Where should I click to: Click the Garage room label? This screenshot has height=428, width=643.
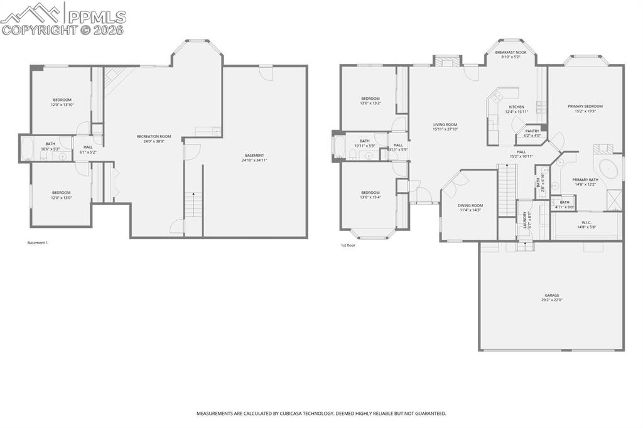coord(551,295)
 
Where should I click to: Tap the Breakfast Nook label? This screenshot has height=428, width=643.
coord(510,52)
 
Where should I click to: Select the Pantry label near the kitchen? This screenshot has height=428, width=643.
coord(532,131)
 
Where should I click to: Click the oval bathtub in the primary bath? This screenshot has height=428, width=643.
coord(608,169)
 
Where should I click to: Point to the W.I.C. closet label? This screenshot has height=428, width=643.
coord(586,222)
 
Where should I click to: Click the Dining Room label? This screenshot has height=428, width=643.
coord(470,205)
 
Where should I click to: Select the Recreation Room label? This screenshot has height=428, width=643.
coord(154,136)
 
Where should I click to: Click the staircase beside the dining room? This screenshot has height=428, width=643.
coord(506,188)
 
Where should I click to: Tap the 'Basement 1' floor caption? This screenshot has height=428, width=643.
coord(38,243)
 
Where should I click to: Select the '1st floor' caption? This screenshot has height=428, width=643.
coord(348,245)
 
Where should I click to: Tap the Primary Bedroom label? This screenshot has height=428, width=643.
coord(585,106)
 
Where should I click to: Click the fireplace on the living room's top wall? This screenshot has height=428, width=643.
coord(446,61)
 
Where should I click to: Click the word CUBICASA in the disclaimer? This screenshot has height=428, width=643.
coord(294,414)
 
